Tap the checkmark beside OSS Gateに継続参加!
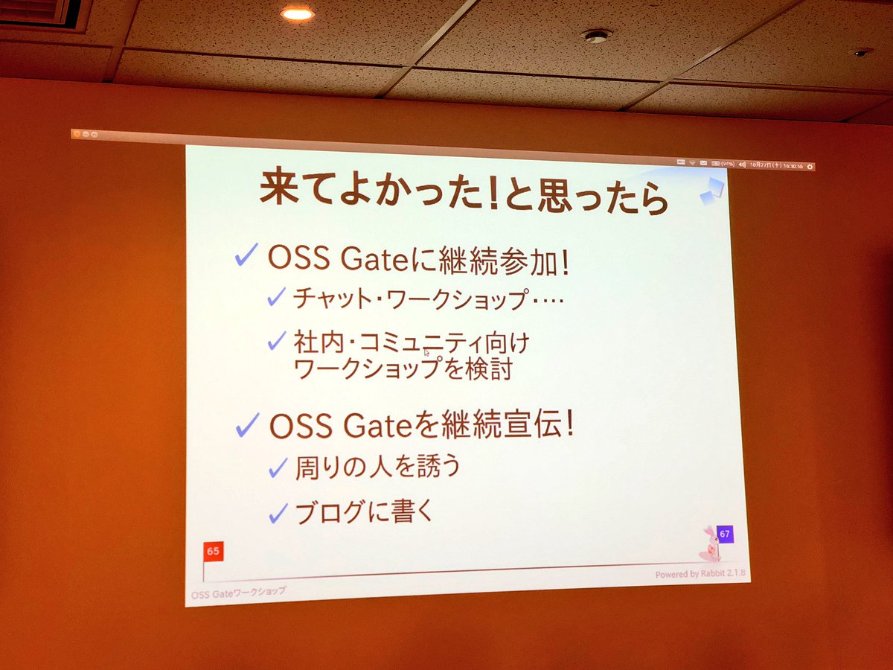coord(246,255)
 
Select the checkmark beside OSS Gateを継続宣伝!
coord(247,426)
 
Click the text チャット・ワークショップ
coord(410,299)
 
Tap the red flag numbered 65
coord(213,552)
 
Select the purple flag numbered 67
coord(724,534)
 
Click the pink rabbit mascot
coord(708,545)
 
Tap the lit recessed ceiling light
coord(297,13)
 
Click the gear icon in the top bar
coord(810,167)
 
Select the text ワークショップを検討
coord(403,369)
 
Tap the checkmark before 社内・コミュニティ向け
coord(277,341)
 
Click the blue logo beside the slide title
coord(711,190)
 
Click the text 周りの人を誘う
coord(378,467)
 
